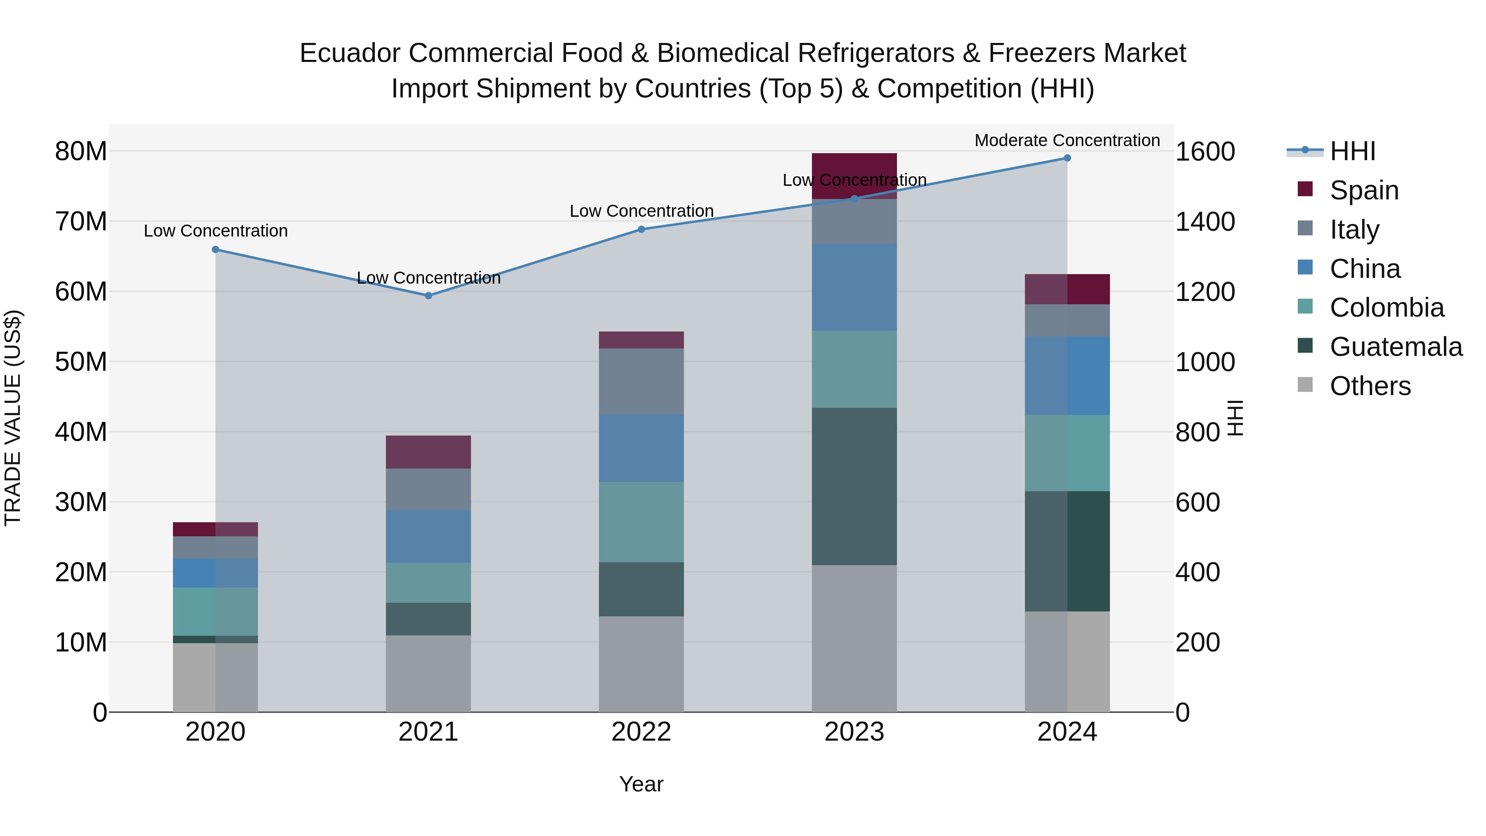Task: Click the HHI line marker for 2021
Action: [428, 296]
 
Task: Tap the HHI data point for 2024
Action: [1067, 158]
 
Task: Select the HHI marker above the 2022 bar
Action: [641, 229]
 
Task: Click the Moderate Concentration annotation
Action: [1067, 140]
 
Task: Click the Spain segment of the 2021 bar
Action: [428, 452]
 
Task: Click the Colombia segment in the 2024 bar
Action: [1067, 453]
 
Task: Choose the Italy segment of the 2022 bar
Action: [641, 381]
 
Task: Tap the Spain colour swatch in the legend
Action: [1305, 189]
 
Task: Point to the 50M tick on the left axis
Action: [81, 362]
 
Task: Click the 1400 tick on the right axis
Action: [1205, 222]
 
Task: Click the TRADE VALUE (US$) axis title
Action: [13, 418]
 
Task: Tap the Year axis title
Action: [641, 784]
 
